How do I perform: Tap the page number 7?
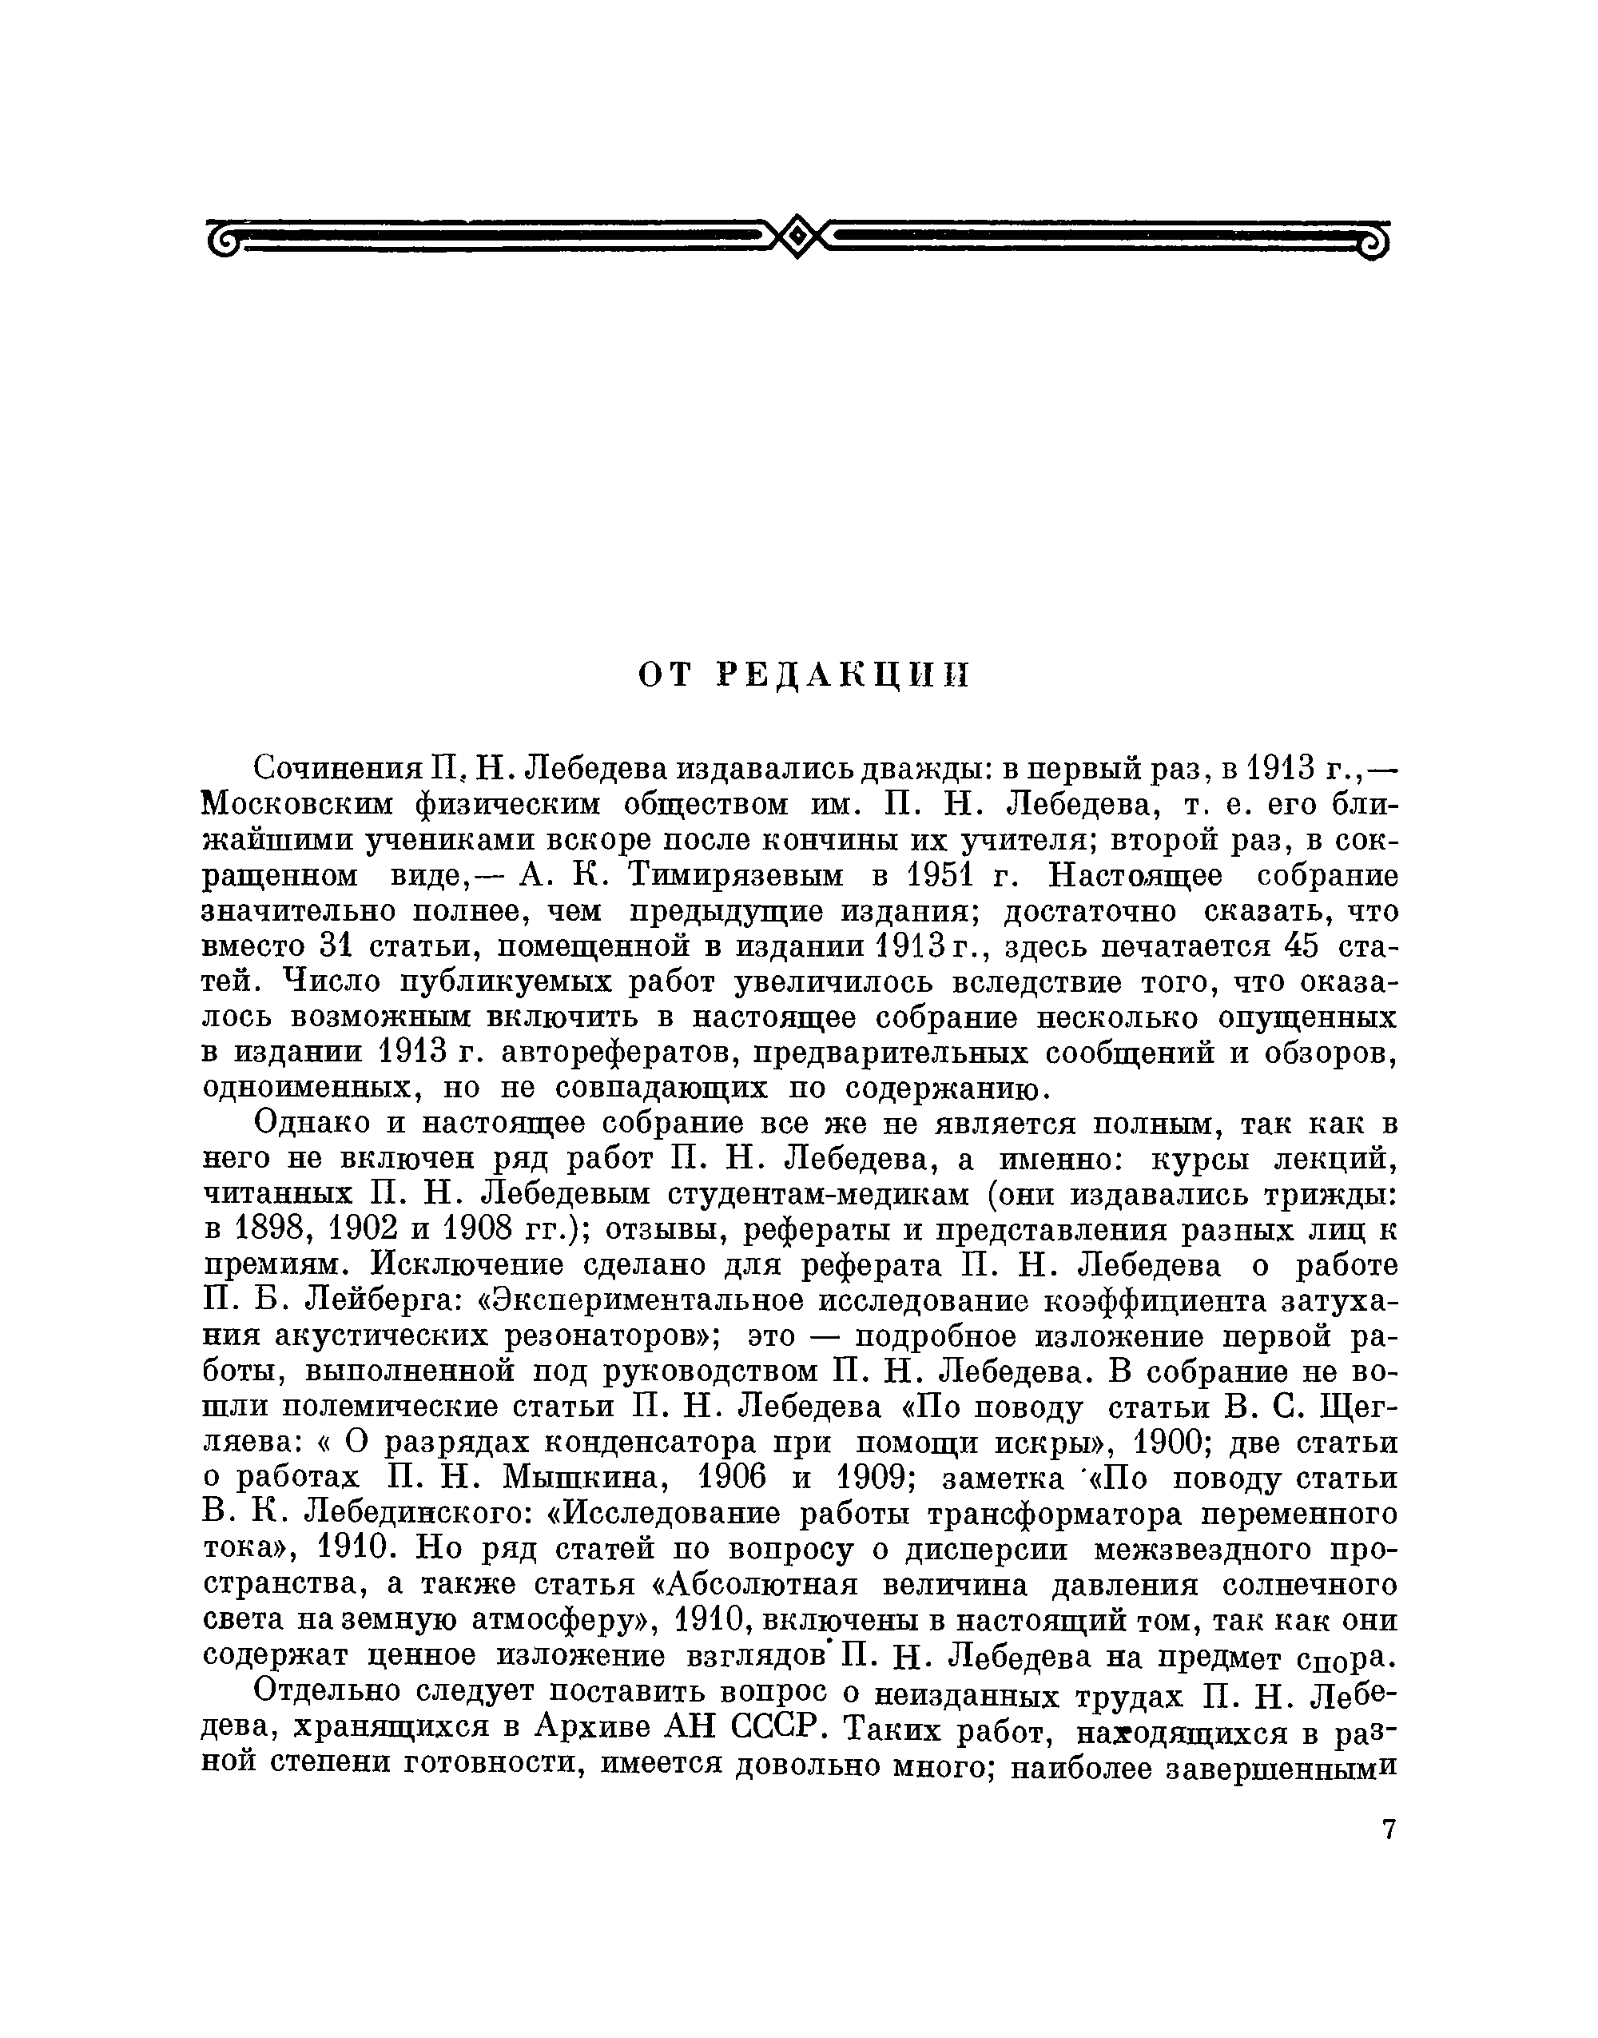(x=1389, y=1829)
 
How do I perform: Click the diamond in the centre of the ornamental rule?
(x=797, y=237)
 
